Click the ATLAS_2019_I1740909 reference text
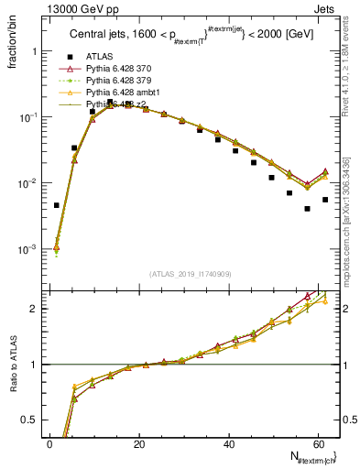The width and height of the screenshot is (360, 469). [x=191, y=274]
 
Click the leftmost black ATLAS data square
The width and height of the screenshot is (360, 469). [x=57, y=205]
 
